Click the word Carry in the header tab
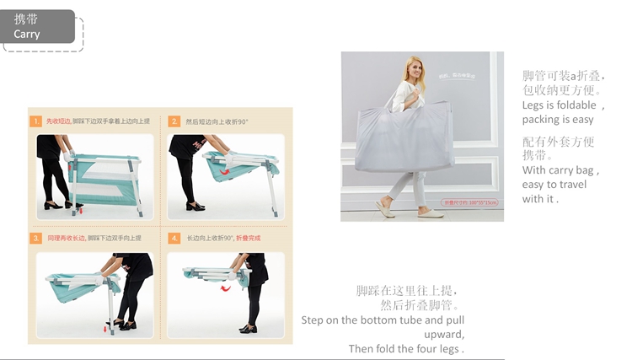[x=27, y=35]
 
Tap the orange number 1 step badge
[x=36, y=121]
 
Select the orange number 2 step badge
[x=174, y=121]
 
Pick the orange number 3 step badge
[x=36, y=239]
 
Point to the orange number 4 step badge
[x=174, y=239]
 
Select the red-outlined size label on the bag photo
[x=471, y=202]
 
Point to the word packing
[x=542, y=120]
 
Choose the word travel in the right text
[x=566, y=185]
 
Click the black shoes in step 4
[x=248, y=328]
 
